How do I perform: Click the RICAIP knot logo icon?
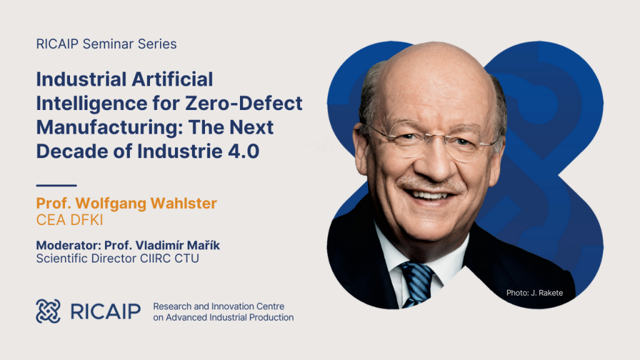48,311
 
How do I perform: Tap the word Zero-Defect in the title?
244,103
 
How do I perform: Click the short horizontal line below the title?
56,185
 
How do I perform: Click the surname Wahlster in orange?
184,203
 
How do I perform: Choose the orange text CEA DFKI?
70,220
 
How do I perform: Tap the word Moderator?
69,245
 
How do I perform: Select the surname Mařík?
203,245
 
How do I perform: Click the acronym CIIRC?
155,258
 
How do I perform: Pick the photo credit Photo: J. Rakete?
535,292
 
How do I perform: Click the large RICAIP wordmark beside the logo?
105,311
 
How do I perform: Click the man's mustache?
431,184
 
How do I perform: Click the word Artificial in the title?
172,79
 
